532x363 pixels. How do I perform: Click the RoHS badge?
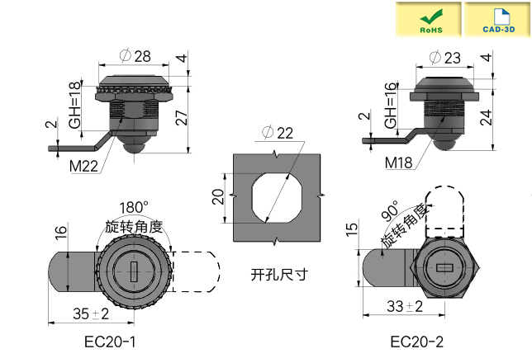tap(430, 19)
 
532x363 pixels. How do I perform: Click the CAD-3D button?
tap(496, 19)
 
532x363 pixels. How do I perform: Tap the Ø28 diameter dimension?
tap(135, 55)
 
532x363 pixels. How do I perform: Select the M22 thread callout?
tap(83, 165)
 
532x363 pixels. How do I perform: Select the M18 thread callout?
tap(400, 163)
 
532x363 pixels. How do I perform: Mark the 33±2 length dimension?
tap(405, 306)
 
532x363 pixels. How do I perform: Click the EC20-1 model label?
tap(110, 342)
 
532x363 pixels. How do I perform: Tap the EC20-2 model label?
tap(416, 342)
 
